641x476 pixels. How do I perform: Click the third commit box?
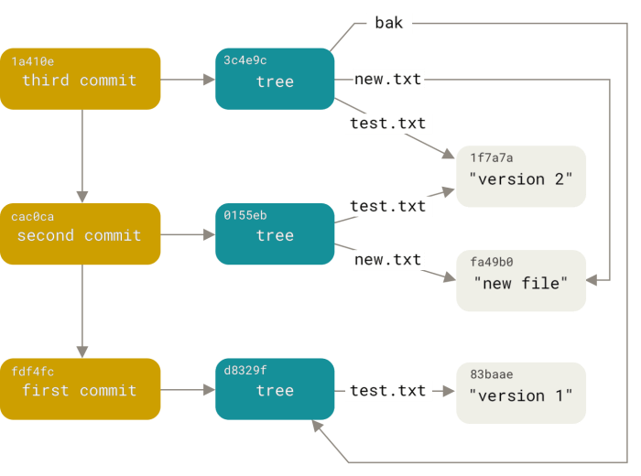point(81,79)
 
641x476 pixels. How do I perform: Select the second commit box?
point(81,234)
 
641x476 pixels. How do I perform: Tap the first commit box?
point(81,390)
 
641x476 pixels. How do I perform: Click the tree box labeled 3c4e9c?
point(274,80)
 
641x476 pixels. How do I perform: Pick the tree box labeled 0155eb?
point(274,234)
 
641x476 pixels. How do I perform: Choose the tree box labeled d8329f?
point(274,390)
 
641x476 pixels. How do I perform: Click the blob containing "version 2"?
point(520,177)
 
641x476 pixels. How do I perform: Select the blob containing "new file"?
point(520,280)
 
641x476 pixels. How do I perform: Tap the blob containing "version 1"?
point(520,394)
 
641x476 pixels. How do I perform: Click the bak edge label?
point(389,23)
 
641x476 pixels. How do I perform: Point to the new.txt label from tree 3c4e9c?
point(388,80)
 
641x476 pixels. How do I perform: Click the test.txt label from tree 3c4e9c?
point(388,124)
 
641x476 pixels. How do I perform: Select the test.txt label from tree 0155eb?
point(388,206)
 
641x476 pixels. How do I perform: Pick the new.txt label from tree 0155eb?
point(388,260)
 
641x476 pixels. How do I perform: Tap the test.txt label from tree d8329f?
point(388,391)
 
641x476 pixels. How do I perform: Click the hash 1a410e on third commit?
point(33,61)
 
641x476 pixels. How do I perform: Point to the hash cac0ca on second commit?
point(33,217)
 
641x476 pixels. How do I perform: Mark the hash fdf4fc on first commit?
point(33,373)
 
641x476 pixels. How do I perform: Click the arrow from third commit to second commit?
point(82,156)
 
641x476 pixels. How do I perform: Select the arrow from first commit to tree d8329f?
point(188,391)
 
